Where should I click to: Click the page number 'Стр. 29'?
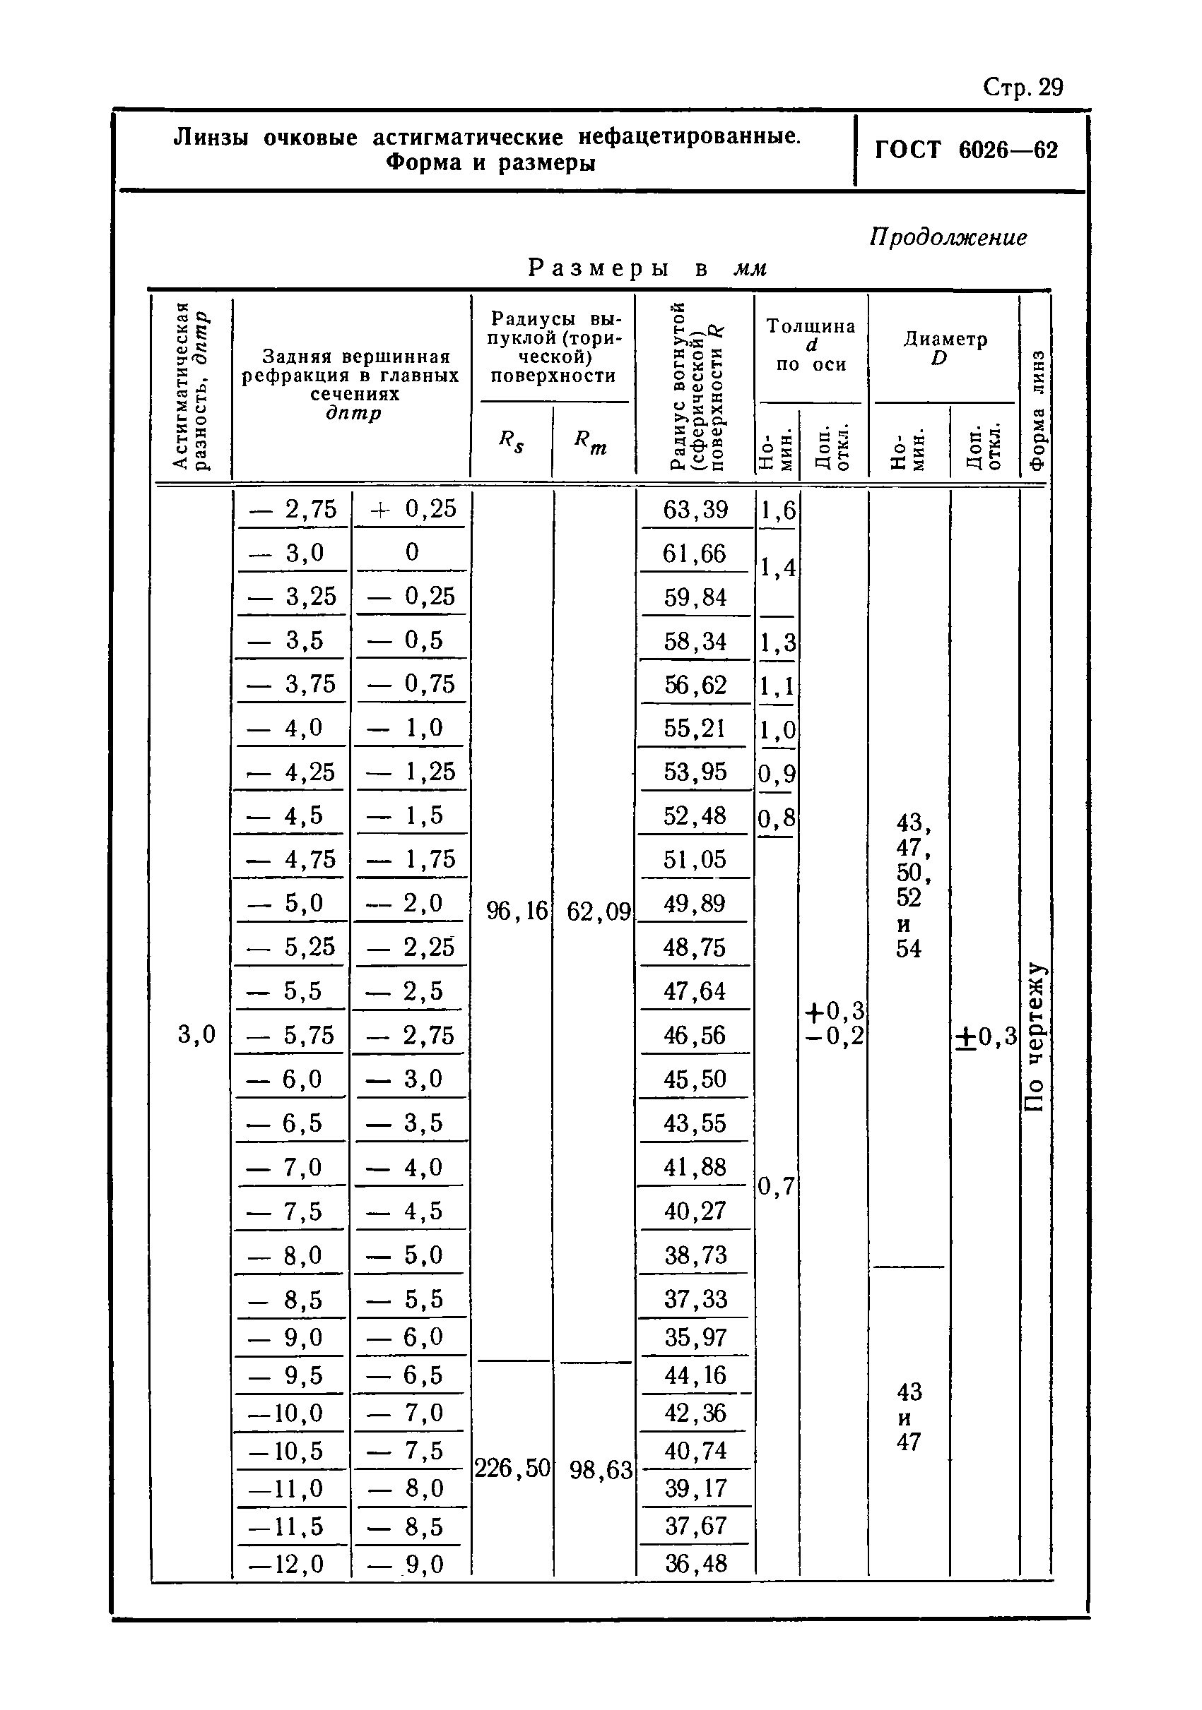point(1023,88)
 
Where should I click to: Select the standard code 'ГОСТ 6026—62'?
point(966,150)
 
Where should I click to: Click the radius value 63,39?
point(695,510)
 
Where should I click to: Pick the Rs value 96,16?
point(516,910)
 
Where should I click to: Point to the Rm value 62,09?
point(599,911)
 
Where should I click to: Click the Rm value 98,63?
point(601,1469)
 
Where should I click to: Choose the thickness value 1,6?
point(777,511)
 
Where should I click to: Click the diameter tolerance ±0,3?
point(986,1036)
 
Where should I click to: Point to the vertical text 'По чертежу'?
point(1036,1036)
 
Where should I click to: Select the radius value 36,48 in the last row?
point(695,1563)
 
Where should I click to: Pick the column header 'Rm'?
point(590,443)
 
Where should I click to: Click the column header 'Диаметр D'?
point(945,349)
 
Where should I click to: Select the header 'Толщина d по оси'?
point(811,345)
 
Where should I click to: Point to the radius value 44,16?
point(695,1375)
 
